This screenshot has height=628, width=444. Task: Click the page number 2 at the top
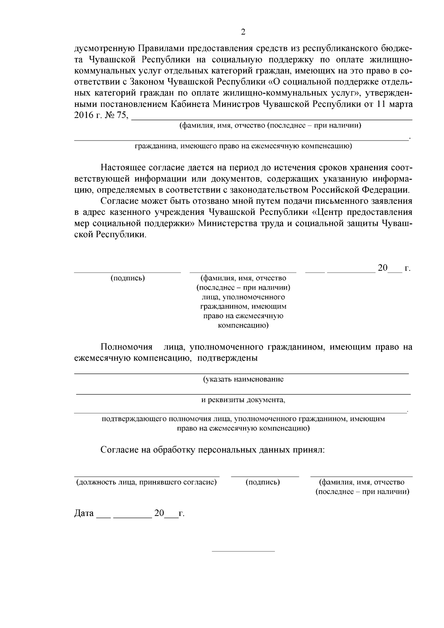(x=243, y=32)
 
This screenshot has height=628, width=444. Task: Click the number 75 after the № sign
(x=121, y=115)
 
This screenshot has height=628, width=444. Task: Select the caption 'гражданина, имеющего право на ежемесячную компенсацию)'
(x=243, y=146)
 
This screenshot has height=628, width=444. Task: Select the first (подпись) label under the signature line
(x=127, y=278)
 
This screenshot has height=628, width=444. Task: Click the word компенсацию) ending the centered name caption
(x=243, y=326)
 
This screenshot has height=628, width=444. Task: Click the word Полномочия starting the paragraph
(x=127, y=347)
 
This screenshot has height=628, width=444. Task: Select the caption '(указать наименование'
(x=243, y=379)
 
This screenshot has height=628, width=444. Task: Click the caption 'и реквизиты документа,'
(x=243, y=400)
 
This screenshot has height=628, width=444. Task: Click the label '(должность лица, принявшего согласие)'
(x=146, y=482)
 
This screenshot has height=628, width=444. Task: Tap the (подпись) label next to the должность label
(x=263, y=482)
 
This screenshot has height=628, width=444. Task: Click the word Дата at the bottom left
(x=84, y=514)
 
